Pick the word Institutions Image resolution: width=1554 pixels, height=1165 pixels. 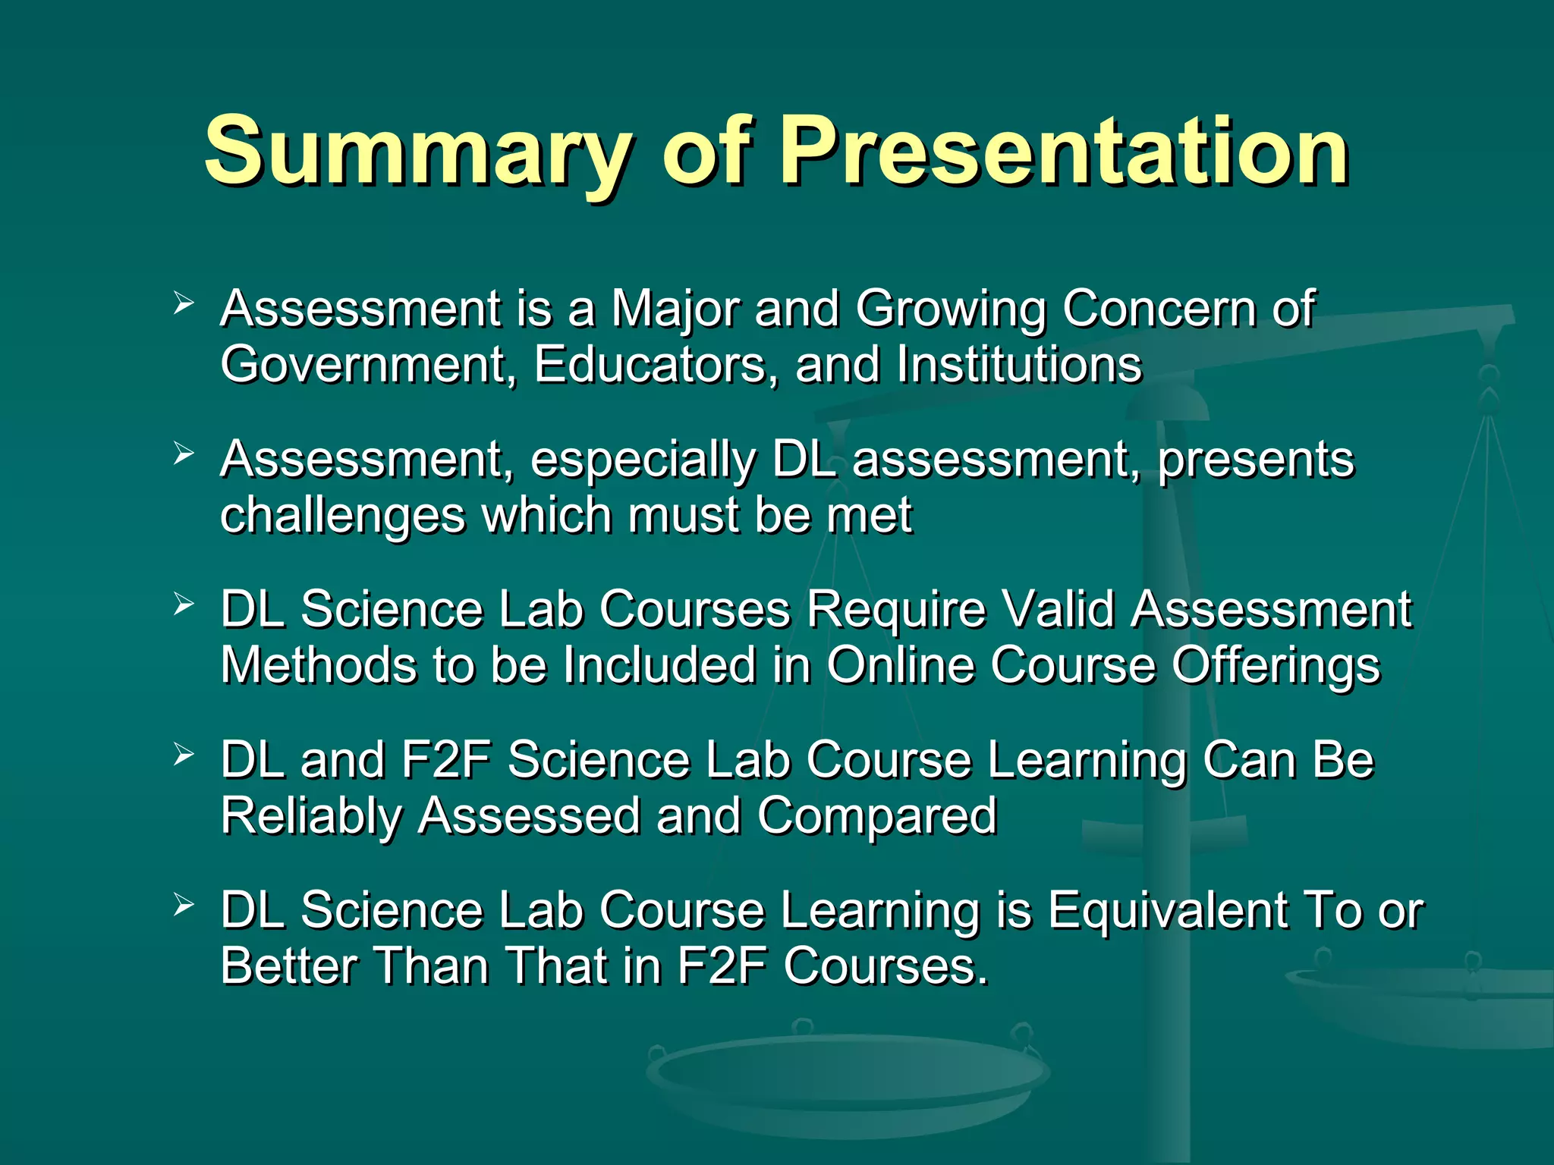pos(1018,366)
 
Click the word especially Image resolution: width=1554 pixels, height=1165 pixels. pos(643,461)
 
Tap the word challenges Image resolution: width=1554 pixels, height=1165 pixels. pos(342,516)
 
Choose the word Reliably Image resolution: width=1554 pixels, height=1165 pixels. pos(311,818)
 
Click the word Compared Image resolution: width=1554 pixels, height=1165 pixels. pos(876,818)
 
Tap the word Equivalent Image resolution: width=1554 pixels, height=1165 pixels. pos(1167,910)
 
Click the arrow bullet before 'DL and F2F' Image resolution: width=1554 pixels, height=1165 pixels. pos(184,754)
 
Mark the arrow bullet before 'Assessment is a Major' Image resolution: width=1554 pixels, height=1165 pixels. pos(184,303)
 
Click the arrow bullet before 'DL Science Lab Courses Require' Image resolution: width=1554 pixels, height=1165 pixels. pos(184,604)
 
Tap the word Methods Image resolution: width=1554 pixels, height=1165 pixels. pos(319,665)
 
